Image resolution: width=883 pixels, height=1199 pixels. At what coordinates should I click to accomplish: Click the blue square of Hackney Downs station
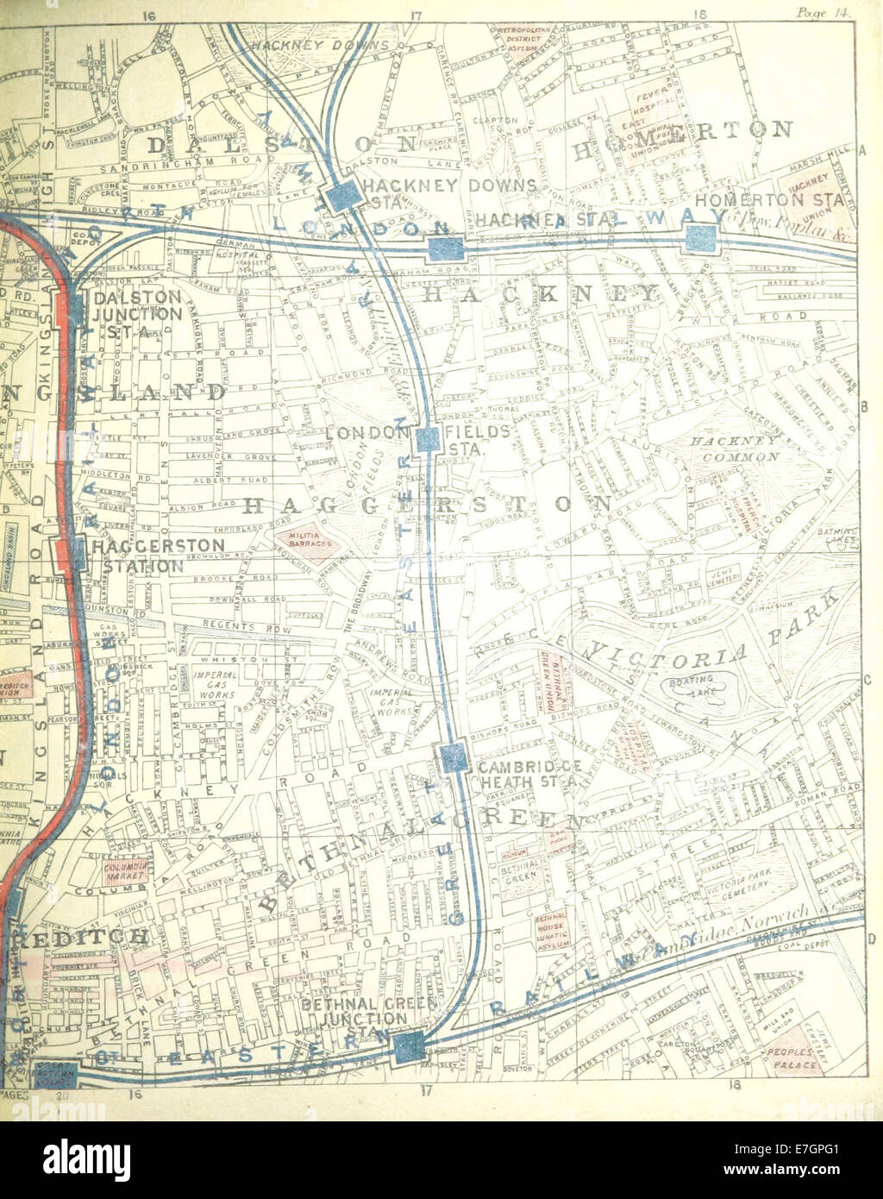coord(342,197)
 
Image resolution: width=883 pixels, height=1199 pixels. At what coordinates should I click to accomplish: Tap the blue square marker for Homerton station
coord(701,239)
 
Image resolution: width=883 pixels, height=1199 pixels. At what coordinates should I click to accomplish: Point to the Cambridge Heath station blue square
coord(453,757)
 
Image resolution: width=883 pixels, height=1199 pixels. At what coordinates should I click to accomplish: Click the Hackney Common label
coord(735,448)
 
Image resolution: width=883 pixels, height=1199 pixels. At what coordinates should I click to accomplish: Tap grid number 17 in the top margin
coord(416,15)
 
